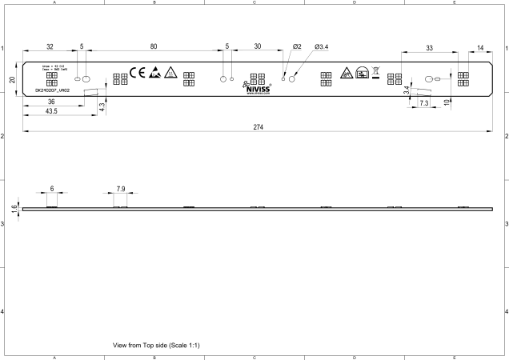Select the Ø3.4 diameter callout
pos(322,47)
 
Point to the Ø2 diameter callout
pos(297,47)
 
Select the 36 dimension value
pos(50,102)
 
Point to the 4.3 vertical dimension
pos(102,106)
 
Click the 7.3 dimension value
pos(424,104)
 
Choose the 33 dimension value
pos(429,48)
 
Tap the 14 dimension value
pos(479,48)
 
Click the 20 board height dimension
pos(12,80)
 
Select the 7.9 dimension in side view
pos(120,188)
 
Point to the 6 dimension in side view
pos(52,188)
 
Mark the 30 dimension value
pos(258,47)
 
